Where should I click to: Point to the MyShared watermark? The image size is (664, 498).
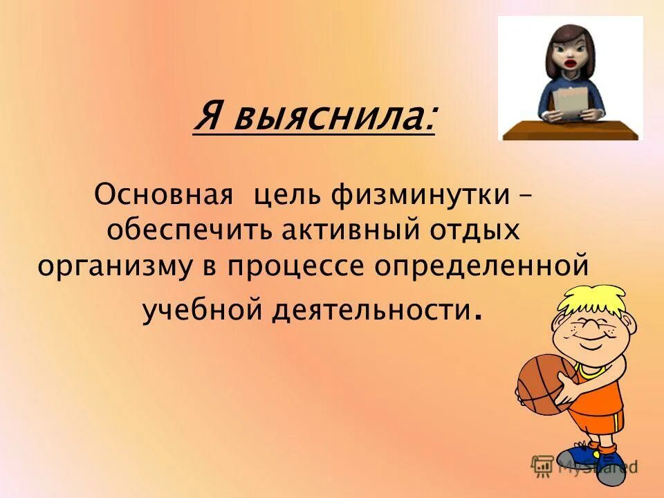(x=584, y=465)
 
